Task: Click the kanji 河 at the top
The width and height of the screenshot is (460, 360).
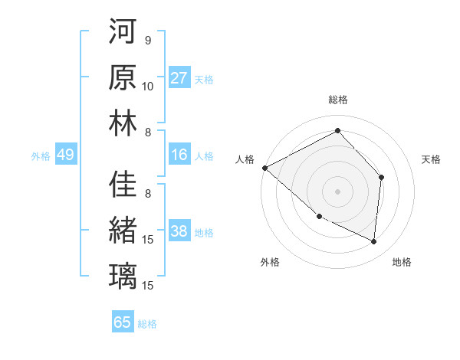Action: [x=123, y=33]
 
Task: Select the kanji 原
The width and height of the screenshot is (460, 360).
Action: [x=123, y=78]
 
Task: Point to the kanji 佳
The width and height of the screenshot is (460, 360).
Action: [x=123, y=185]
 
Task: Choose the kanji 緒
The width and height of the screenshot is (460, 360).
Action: [x=123, y=231]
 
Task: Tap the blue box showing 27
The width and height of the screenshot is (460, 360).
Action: [x=179, y=78]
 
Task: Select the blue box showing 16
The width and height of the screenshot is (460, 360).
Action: [x=179, y=155]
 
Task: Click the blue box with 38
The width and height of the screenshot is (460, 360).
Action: [x=179, y=231]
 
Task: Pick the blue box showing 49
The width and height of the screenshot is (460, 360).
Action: [x=65, y=155]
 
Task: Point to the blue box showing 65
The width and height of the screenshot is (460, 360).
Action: [x=123, y=322]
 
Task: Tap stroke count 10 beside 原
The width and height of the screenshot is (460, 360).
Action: [x=148, y=86]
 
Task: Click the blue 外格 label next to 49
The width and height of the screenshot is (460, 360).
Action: [x=41, y=155]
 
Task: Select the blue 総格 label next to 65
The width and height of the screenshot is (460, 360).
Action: [x=147, y=323]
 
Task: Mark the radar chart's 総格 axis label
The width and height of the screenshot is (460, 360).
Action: [x=337, y=100]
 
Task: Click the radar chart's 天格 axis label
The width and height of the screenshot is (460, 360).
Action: [x=431, y=159]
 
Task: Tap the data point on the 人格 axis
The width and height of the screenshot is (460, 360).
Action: [x=264, y=168]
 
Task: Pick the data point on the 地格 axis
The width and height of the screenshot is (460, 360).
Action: [x=373, y=242]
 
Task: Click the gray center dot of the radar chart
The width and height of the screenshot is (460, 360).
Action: [x=337, y=191]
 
